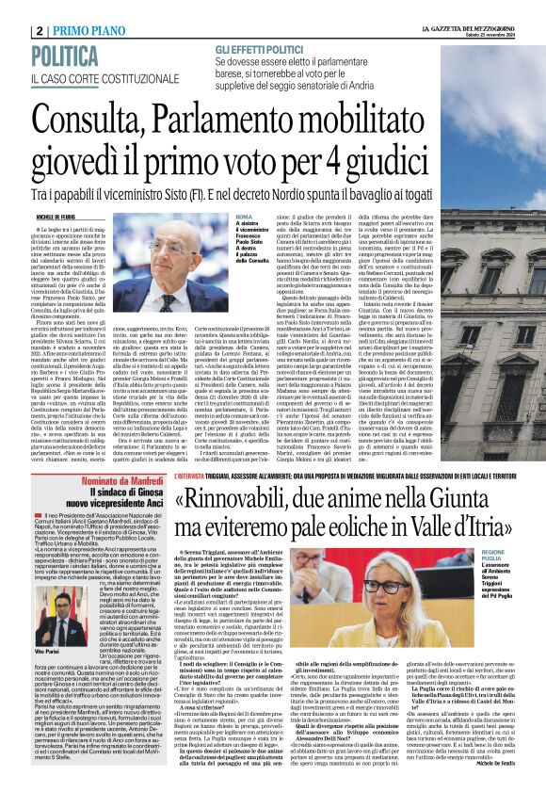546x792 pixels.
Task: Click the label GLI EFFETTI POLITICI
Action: point(258,47)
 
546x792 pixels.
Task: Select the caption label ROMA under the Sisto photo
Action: point(244,217)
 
